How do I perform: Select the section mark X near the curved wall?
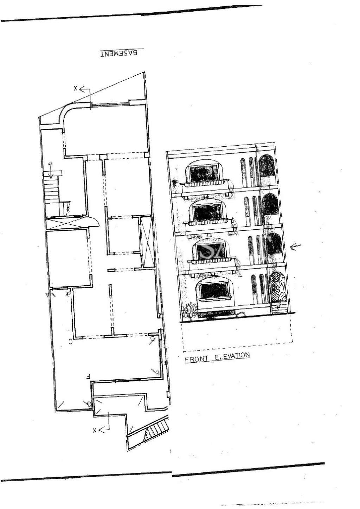click(x=75, y=89)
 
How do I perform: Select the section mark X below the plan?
click(x=95, y=430)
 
